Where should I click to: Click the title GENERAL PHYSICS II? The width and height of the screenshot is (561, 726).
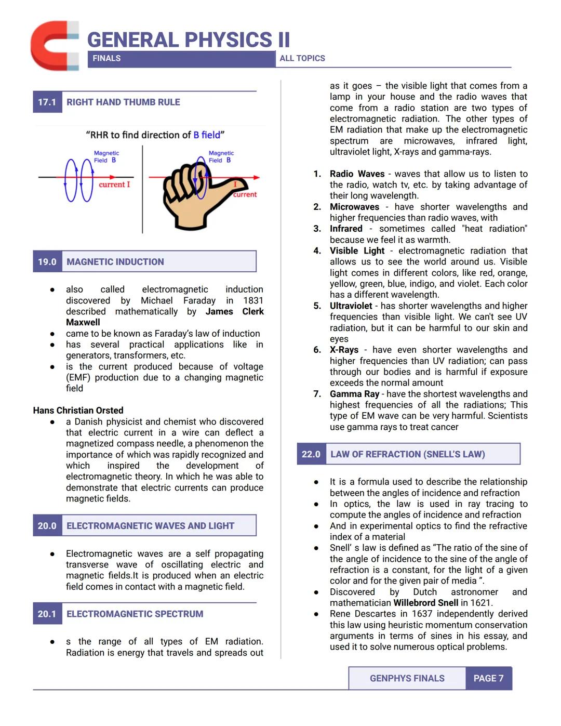188,40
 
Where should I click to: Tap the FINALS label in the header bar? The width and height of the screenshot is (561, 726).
106,58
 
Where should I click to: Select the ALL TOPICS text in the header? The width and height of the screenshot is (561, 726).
302,58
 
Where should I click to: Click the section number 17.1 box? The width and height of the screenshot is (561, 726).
47,102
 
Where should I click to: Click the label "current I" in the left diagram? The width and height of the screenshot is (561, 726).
114,184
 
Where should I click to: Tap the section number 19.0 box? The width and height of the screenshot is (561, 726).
47,262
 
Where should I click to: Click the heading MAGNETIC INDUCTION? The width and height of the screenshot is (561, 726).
115,262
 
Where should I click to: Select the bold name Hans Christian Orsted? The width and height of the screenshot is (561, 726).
78,411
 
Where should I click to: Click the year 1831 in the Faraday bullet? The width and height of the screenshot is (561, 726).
253,300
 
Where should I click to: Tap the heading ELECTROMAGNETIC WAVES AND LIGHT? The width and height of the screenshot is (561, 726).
150,526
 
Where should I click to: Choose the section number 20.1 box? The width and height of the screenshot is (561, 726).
47,614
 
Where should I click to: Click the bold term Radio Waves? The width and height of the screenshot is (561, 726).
357,174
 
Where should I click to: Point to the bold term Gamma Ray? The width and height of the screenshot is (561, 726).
354,394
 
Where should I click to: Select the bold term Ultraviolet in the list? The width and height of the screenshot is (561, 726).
351,306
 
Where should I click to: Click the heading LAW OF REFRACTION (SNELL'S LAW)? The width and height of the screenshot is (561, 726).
408,454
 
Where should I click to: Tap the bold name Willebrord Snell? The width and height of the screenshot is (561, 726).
425,603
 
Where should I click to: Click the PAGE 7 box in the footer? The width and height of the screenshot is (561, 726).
488,678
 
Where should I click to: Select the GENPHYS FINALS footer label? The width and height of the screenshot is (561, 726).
407,678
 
